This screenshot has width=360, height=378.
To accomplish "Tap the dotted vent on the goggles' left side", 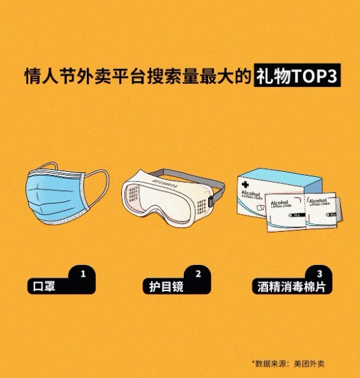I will (133, 193).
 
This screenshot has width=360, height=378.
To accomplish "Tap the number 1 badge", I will (82, 273).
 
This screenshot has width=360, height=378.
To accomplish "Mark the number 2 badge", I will (198, 273).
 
